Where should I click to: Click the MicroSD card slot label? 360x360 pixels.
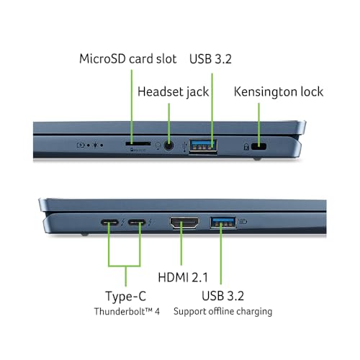click(128, 59)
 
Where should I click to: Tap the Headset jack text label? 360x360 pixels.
click(173, 92)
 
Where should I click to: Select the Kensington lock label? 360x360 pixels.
click(279, 92)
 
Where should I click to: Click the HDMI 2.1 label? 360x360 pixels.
click(183, 277)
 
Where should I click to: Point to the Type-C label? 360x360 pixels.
click(126, 296)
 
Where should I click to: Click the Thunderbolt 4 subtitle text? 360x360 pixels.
click(127, 311)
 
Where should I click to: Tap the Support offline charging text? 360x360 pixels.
click(222, 312)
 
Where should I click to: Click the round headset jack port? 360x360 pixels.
click(169, 145)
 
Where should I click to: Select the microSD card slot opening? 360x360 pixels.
click(138, 143)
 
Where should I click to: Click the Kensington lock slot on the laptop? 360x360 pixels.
click(258, 146)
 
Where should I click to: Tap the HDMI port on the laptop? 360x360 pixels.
click(184, 223)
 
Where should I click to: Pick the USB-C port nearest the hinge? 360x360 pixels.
click(109, 222)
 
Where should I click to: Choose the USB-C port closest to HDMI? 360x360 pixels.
click(137, 222)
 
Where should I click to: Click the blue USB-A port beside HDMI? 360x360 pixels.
click(222, 222)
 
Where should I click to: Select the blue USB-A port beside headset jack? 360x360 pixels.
click(203, 145)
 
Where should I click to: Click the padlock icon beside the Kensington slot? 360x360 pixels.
click(246, 147)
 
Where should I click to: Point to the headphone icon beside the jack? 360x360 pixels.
click(158, 145)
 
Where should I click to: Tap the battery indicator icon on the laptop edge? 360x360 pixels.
click(81, 145)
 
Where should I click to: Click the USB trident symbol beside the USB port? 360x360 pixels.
click(184, 147)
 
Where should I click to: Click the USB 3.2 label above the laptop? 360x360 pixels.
click(210, 59)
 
